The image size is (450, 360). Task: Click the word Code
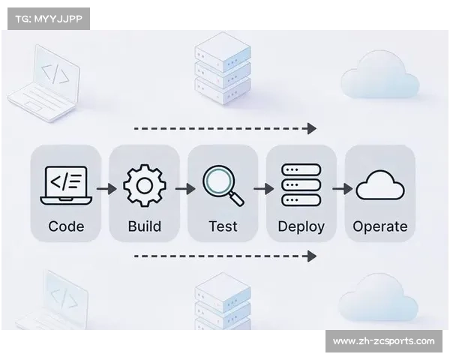(x=66, y=226)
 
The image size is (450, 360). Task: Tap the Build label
(x=144, y=226)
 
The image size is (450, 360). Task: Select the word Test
(x=223, y=226)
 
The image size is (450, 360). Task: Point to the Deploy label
(x=301, y=226)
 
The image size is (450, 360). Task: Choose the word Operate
(x=379, y=226)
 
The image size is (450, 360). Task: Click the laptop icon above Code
(x=66, y=185)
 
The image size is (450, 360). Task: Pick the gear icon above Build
(x=144, y=185)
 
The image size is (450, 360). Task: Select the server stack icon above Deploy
(x=301, y=185)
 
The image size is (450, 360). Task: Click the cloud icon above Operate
(x=379, y=184)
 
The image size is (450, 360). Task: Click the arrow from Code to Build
(x=106, y=189)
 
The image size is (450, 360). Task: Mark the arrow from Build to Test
(x=184, y=189)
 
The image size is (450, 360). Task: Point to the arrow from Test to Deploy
(x=263, y=189)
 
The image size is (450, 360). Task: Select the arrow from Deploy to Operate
(x=342, y=189)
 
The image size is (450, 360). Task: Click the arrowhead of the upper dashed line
(x=312, y=129)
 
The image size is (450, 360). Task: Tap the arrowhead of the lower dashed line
(x=312, y=256)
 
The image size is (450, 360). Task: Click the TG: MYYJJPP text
(x=47, y=18)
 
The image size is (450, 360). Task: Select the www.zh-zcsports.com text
(x=383, y=341)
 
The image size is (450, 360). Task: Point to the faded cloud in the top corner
(x=379, y=75)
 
